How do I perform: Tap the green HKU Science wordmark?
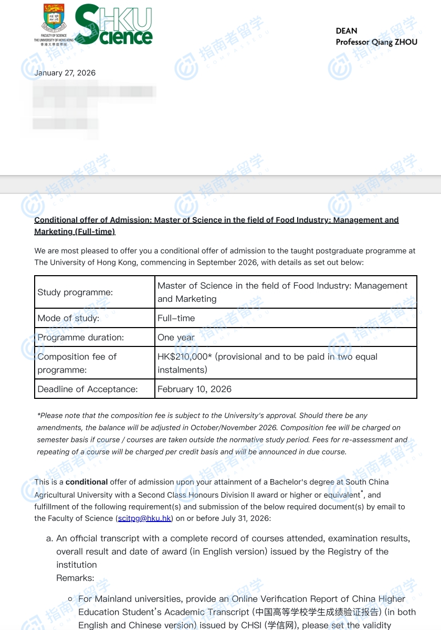click(x=114, y=25)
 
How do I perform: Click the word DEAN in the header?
click(x=346, y=31)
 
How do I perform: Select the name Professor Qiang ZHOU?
click(x=376, y=42)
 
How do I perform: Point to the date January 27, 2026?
click(x=65, y=73)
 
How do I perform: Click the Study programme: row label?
click(x=75, y=292)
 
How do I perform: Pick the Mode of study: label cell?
click(x=68, y=318)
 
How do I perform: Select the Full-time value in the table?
click(x=176, y=318)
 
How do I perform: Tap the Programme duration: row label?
click(x=80, y=338)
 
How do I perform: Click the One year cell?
click(x=176, y=338)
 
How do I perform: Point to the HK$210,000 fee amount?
click(x=184, y=357)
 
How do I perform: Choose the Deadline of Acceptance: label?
click(x=87, y=389)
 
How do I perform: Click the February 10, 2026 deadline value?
click(x=194, y=389)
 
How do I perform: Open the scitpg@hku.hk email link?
click(x=145, y=518)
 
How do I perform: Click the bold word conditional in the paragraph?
click(x=87, y=482)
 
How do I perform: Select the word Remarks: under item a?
click(x=75, y=578)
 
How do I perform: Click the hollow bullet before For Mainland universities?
click(x=70, y=599)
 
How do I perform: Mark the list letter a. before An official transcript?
click(x=50, y=538)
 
